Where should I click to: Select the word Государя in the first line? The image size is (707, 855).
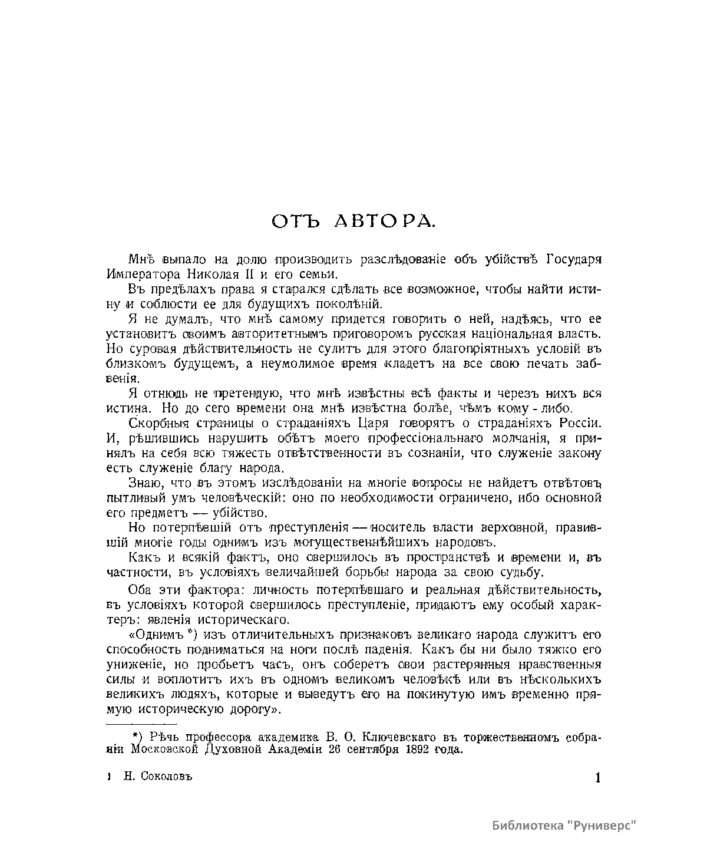point(575,259)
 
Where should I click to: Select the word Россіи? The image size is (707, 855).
point(579,423)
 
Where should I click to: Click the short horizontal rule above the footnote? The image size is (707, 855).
point(141,724)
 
